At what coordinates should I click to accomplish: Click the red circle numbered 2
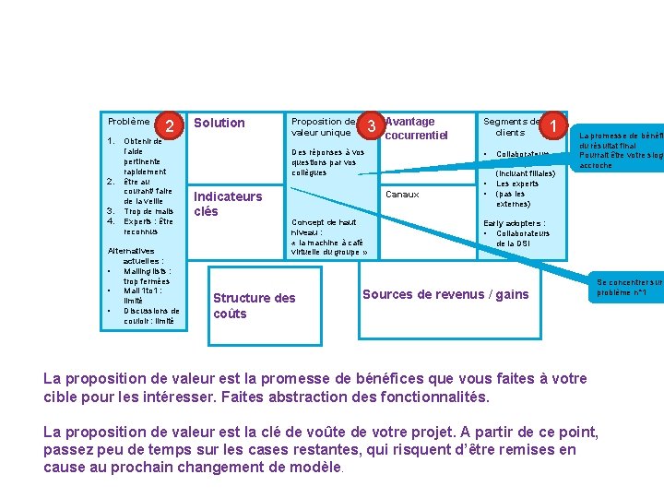[x=170, y=127]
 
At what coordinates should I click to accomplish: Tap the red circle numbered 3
[x=371, y=125]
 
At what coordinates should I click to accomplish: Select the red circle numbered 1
[x=551, y=125]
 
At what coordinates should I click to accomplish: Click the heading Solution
[x=219, y=123]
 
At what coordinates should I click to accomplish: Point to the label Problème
[x=128, y=121]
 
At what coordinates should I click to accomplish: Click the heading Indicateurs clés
[x=227, y=203]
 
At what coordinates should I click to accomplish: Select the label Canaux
[x=402, y=195]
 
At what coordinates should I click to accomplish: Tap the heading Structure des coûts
[x=254, y=305]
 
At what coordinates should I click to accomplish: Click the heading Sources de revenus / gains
[x=445, y=294]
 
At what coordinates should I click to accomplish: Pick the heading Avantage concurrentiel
[x=416, y=128]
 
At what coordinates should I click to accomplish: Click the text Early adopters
[x=514, y=223]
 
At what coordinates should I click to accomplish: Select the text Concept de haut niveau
[x=323, y=227]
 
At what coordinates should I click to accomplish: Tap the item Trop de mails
[x=148, y=211]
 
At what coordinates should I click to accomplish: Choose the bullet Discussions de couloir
[x=151, y=315]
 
